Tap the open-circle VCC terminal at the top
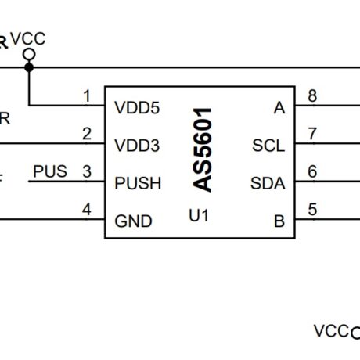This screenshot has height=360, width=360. [x=29, y=54]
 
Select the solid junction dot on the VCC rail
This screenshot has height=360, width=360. [x=29, y=67]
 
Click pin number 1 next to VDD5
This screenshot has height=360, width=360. [x=87, y=96]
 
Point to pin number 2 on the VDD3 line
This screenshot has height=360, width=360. [x=87, y=133]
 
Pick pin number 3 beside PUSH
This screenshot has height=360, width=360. [x=87, y=171]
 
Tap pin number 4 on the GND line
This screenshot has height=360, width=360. [x=87, y=209]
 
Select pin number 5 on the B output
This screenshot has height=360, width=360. [x=313, y=209]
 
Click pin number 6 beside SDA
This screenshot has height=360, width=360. [x=313, y=171]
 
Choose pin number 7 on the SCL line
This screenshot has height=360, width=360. [x=313, y=133]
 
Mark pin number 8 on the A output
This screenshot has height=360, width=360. [x=313, y=96]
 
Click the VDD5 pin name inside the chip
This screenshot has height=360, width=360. [x=137, y=108]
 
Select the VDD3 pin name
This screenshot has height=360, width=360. [x=137, y=146]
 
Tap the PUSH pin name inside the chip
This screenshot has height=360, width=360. [x=138, y=184]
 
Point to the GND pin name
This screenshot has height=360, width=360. [x=132, y=221]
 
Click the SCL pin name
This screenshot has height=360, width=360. [x=268, y=146]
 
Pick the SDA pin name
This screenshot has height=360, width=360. [x=268, y=184]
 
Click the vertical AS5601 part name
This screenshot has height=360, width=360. [x=203, y=149]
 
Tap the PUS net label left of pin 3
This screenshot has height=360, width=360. [x=50, y=171]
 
